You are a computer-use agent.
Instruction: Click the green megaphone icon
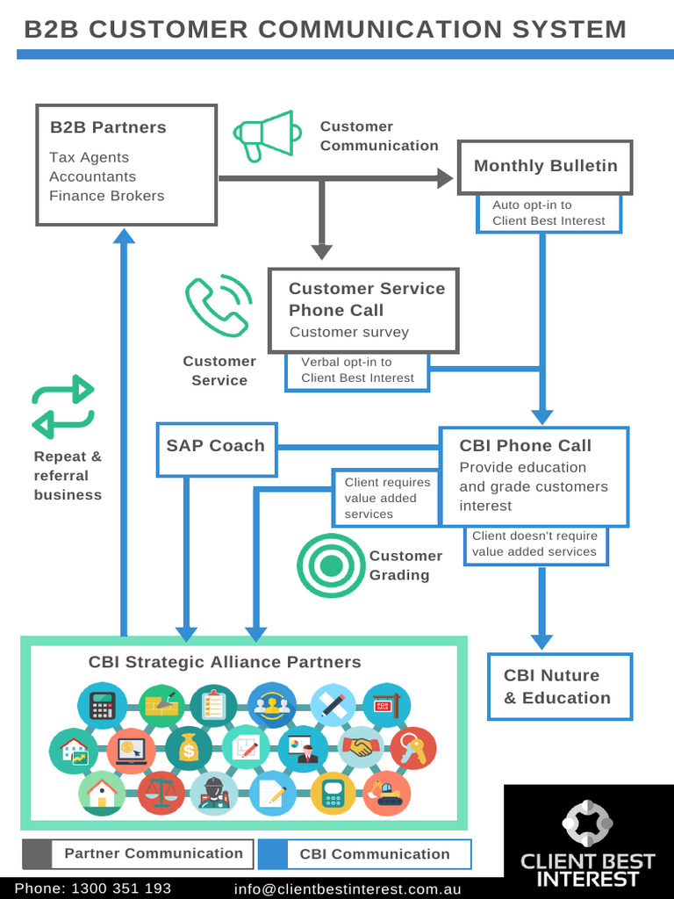[262, 136]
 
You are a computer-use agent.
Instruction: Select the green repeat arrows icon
[63, 406]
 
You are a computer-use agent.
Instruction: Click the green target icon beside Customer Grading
[330, 565]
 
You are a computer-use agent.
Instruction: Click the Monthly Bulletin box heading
[545, 166]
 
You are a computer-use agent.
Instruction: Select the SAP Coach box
[216, 446]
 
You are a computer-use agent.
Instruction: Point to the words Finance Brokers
[106, 196]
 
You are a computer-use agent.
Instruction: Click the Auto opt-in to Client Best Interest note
[549, 212]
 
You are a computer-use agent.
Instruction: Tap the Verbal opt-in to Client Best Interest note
[357, 370]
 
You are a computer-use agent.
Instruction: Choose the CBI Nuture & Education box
[559, 687]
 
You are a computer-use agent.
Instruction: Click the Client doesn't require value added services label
[534, 544]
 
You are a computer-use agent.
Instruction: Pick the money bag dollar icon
[189, 748]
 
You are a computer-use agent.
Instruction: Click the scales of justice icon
[161, 792]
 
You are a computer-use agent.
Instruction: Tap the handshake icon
[360, 747]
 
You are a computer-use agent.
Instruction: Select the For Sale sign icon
[386, 705]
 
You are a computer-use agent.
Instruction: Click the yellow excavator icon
[386, 792]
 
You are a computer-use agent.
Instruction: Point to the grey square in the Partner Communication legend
[37, 853]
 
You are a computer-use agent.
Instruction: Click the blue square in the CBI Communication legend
[273, 854]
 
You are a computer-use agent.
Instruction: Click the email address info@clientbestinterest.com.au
[348, 888]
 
